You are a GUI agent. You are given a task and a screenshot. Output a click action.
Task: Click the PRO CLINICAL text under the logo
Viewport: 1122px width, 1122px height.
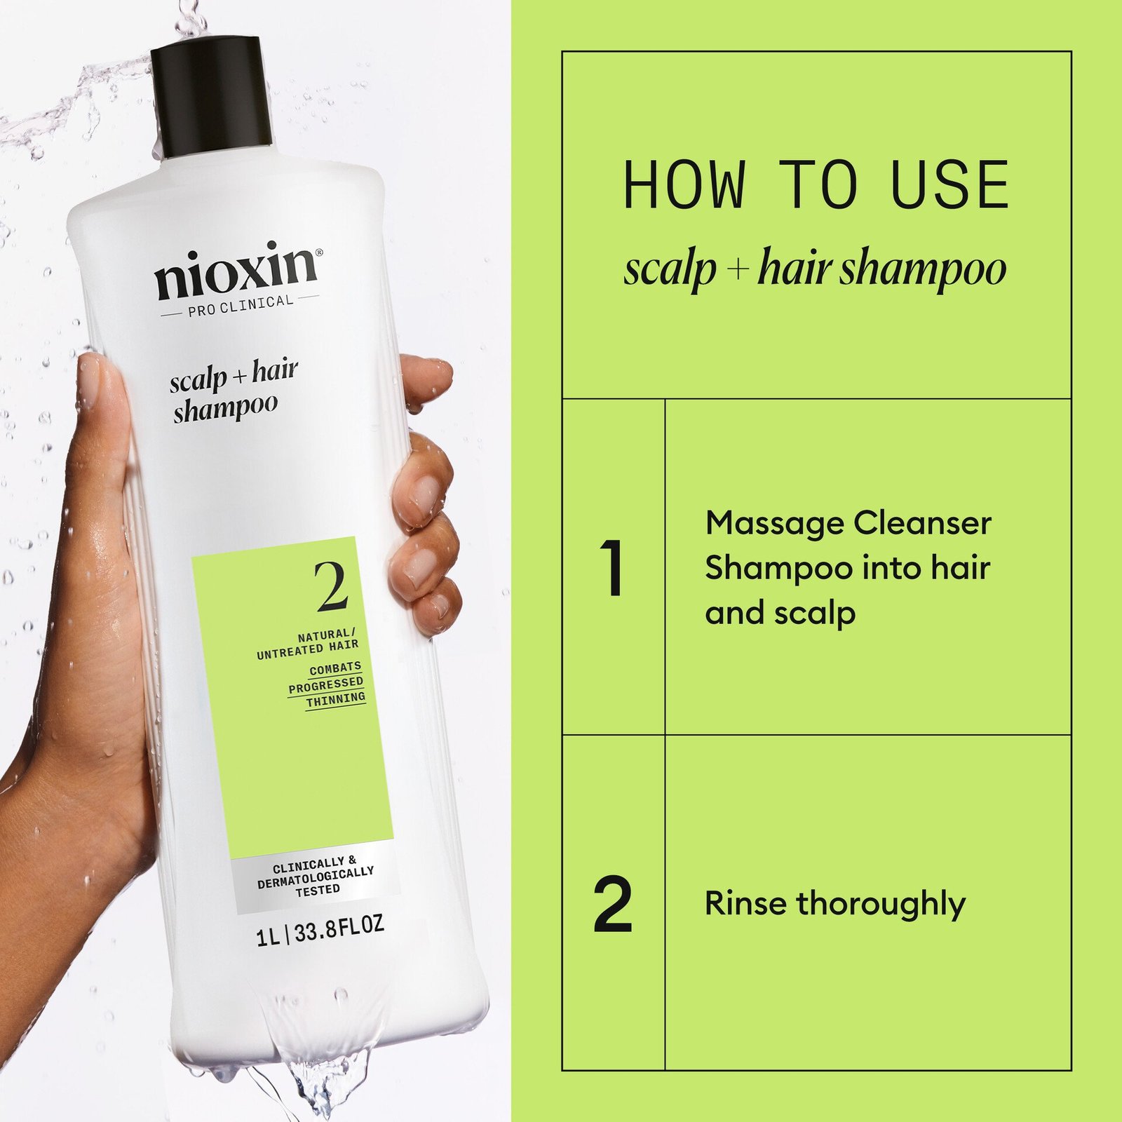point(241,306)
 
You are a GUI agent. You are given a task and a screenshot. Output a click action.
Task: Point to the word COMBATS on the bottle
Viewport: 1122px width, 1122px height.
point(335,669)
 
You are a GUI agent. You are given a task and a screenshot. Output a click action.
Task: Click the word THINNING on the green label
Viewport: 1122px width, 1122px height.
point(336,700)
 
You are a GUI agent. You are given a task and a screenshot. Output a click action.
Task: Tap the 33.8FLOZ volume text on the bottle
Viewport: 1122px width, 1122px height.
point(339,930)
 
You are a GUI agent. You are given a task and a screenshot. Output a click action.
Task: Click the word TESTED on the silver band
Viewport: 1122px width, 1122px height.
point(318,890)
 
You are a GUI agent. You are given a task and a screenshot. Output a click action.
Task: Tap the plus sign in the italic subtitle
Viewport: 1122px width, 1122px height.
point(737,269)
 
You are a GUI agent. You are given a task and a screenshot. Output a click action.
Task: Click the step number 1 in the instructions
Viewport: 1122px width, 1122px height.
point(614,568)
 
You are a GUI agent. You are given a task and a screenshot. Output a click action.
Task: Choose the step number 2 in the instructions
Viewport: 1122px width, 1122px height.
point(612,905)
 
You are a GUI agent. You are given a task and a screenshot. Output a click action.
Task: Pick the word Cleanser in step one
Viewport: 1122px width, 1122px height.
point(922,523)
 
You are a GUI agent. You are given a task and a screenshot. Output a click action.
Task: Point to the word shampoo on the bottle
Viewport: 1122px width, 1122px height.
point(225,409)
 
